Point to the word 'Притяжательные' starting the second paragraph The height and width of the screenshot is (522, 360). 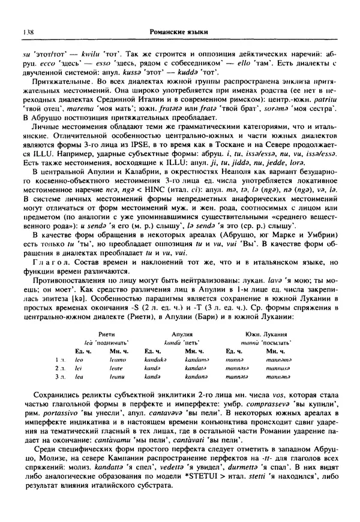pyautogui.click(x=62, y=82)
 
